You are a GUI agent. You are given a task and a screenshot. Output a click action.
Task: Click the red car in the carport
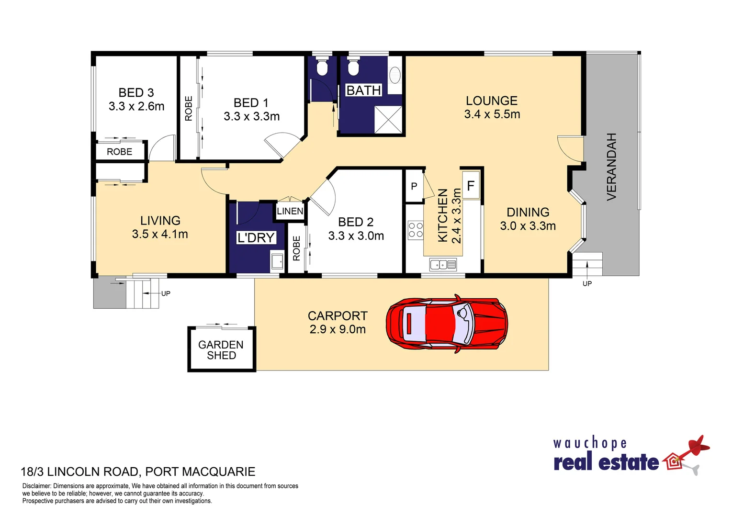[x=447, y=324]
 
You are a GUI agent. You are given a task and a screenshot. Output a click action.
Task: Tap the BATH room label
[x=363, y=90]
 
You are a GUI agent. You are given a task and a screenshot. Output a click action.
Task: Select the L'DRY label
[x=256, y=237]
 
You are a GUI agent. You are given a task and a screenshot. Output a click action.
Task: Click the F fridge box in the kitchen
[x=471, y=186]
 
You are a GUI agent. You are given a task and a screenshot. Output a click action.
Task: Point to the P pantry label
[x=414, y=186]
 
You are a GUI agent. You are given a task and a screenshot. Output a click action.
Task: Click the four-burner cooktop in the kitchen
[x=416, y=230]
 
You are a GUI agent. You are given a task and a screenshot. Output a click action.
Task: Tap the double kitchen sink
[x=443, y=264]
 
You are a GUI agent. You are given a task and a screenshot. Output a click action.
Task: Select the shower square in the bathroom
[x=388, y=120]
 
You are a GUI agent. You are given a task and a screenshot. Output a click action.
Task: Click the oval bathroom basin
[x=395, y=75]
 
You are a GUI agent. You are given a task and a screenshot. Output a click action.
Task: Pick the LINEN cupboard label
[x=290, y=211]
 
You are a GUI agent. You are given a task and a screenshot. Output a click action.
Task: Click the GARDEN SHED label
[x=221, y=350]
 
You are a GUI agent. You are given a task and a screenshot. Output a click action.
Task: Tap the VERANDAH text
[x=612, y=167]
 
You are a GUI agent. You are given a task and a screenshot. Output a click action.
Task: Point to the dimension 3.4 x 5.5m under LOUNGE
[x=492, y=114]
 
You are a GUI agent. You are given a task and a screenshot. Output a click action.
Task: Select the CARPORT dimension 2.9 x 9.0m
[x=338, y=329]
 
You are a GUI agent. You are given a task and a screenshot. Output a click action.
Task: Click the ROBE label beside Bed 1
[x=189, y=108]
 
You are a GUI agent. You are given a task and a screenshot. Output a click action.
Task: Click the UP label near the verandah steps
[x=587, y=283]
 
